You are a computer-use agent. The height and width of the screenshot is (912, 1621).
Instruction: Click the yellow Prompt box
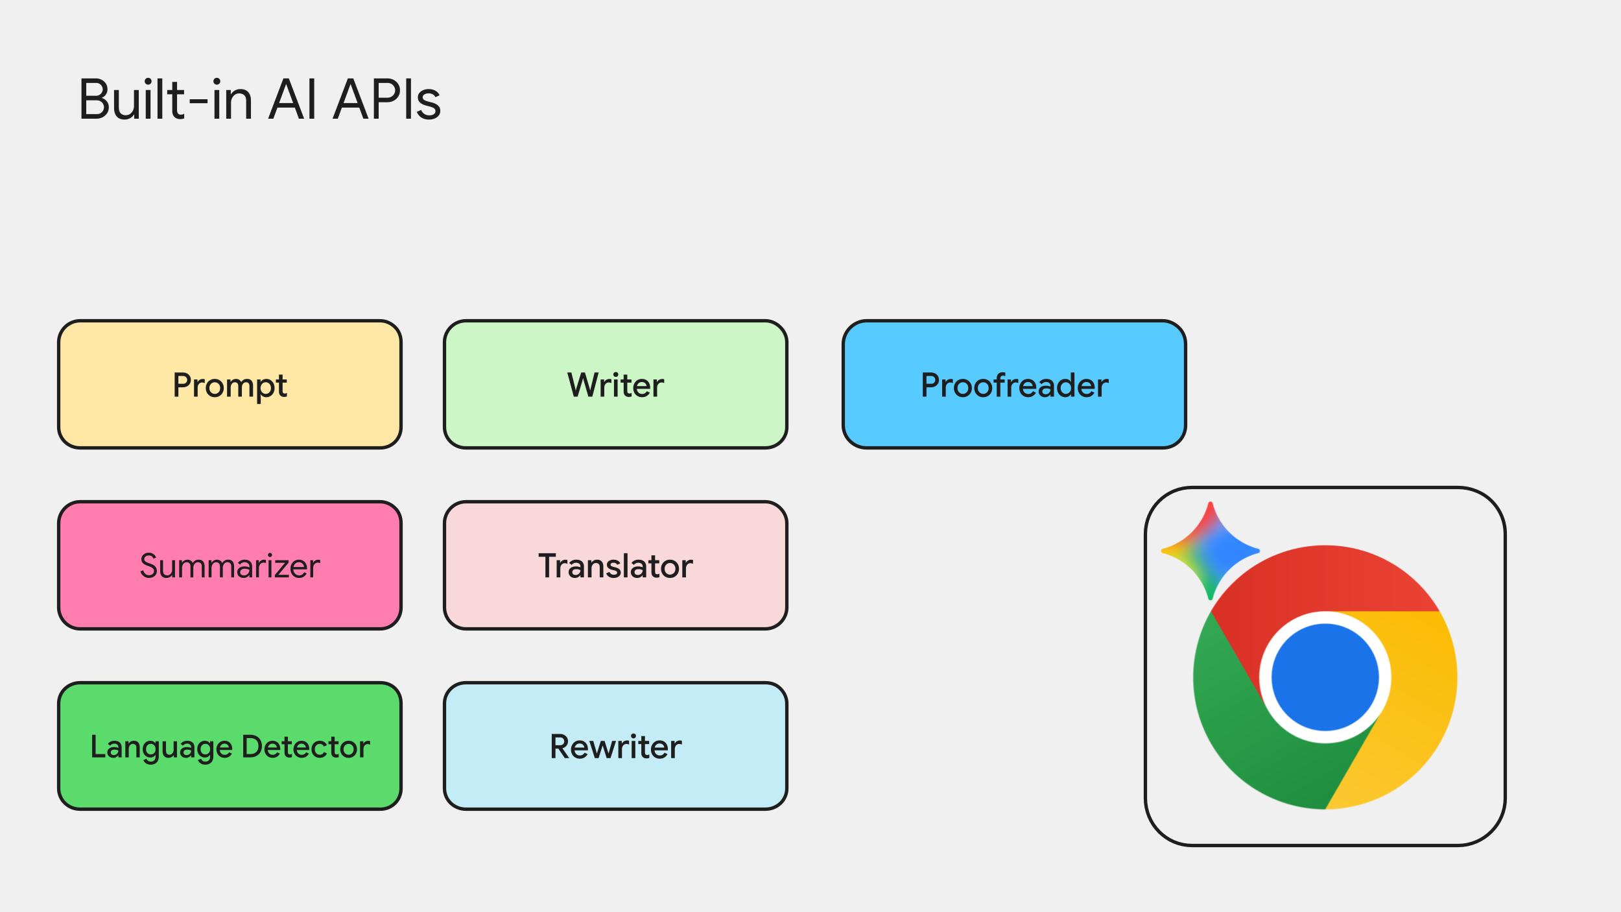[x=230, y=384]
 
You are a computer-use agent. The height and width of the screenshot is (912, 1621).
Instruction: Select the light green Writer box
[x=615, y=384]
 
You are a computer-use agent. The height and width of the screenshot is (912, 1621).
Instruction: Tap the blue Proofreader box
[x=1014, y=384]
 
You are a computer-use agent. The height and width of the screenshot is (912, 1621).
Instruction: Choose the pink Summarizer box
[x=230, y=565]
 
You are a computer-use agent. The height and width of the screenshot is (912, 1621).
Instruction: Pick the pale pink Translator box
[x=615, y=565]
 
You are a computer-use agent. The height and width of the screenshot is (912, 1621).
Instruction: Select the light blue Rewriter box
[x=615, y=746]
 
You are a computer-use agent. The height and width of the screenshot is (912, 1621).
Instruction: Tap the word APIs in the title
[x=386, y=101]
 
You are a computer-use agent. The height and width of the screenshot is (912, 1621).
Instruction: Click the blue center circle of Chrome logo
[x=1325, y=677]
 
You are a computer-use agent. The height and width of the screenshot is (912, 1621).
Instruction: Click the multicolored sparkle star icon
[x=1210, y=551]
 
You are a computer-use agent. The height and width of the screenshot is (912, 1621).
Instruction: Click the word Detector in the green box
[x=305, y=747]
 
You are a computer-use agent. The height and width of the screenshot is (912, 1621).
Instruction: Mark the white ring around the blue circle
[x=1325, y=617]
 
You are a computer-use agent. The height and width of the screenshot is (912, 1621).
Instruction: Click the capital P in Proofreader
[x=931, y=385]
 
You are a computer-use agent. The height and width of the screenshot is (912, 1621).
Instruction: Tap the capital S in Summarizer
[x=149, y=566]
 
